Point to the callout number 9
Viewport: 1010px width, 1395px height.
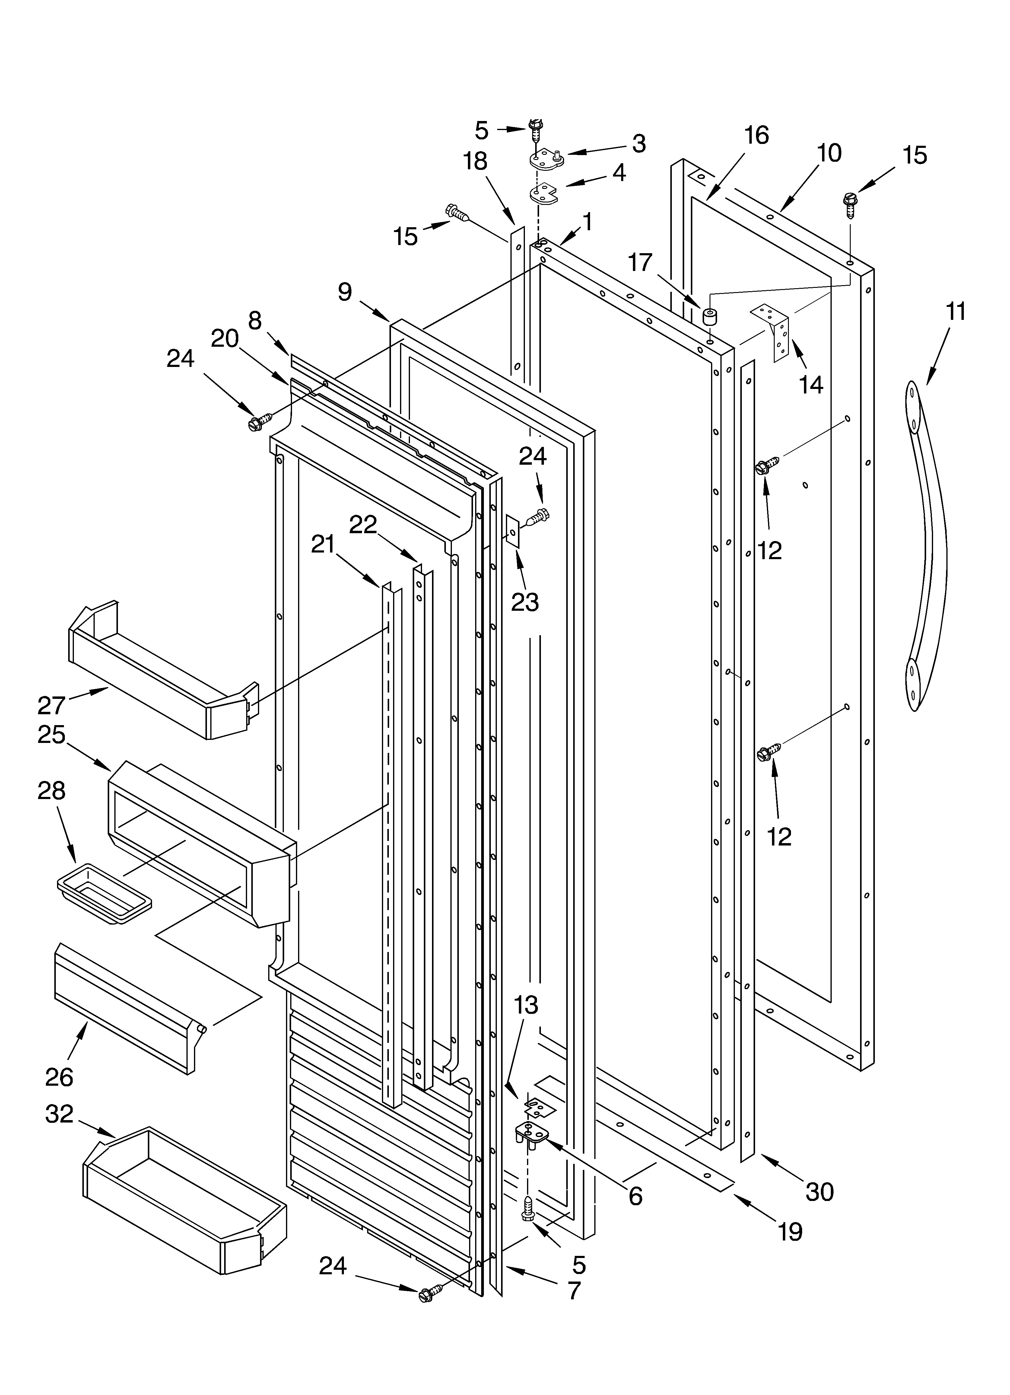point(345,291)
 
